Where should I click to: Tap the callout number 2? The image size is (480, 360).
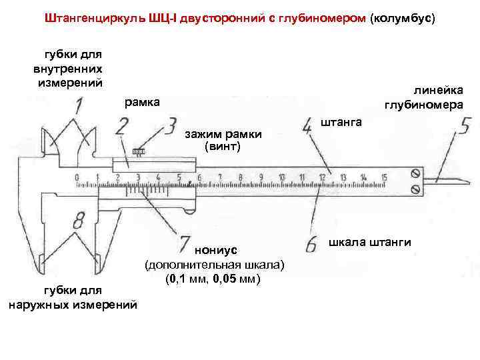coord(122,125)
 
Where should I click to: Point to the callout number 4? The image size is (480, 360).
coord(308,126)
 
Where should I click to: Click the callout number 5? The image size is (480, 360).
coord(464,126)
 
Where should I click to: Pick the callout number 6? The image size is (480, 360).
coord(311,246)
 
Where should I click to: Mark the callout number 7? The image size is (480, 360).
coord(185,241)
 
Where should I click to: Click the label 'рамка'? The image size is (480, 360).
coord(142,102)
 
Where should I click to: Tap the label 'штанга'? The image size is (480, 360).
coord(341,123)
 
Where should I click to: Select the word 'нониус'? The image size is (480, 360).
coord(213,251)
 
